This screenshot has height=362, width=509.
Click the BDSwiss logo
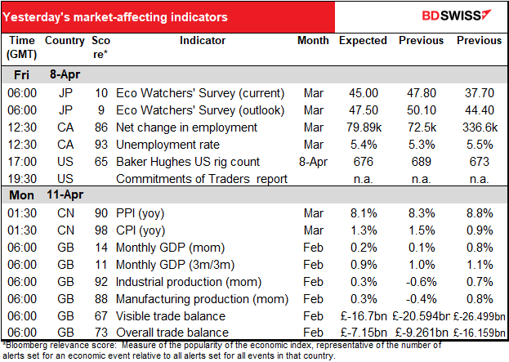[x=457, y=16]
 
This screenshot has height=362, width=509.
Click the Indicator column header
[x=203, y=41]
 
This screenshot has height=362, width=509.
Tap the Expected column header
[x=363, y=41]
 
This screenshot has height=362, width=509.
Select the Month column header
[x=313, y=41]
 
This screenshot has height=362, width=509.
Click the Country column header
[x=65, y=41]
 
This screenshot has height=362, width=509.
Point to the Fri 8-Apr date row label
[x=47, y=74]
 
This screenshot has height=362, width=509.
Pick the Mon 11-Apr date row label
[x=46, y=194]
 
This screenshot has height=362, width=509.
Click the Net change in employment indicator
[x=186, y=127]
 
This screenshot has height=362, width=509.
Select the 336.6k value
[x=480, y=127]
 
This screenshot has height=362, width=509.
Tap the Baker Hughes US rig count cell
[x=188, y=162]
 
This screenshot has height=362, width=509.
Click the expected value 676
[x=364, y=162]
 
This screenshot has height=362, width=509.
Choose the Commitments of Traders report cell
[x=202, y=179]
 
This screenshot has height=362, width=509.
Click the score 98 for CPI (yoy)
[x=101, y=230]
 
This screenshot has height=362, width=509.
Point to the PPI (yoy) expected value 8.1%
[x=364, y=213]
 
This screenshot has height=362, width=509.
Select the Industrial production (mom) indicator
[x=189, y=282]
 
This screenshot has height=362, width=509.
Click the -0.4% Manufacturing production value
[x=422, y=299]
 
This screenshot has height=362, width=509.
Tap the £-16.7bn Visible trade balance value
[x=364, y=316]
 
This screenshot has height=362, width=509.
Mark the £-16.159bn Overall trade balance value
[x=480, y=333]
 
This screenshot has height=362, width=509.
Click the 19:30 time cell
[x=22, y=179]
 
